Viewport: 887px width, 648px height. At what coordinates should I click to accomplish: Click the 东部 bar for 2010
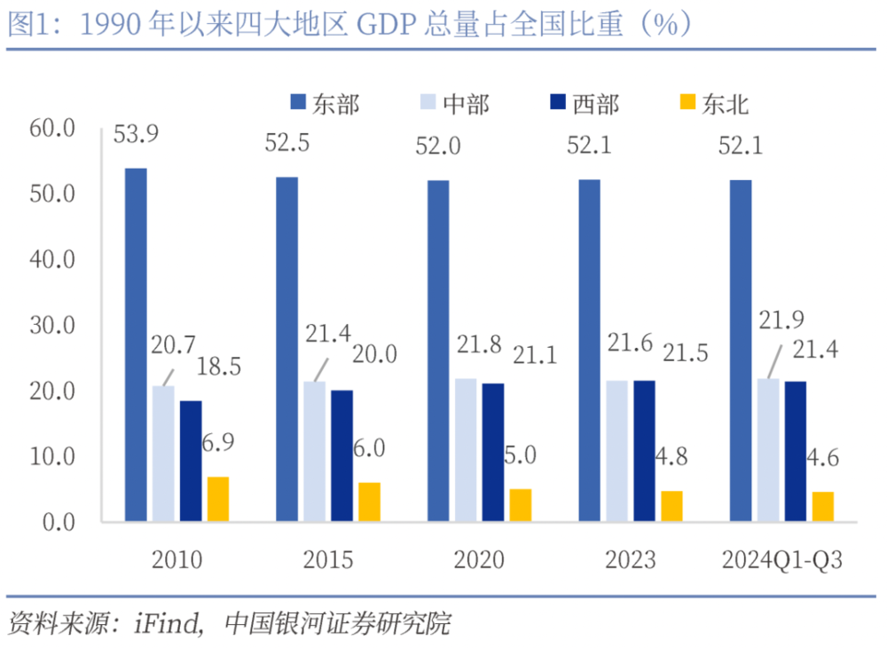[x=136, y=344]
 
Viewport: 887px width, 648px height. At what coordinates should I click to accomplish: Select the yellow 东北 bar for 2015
[x=369, y=502]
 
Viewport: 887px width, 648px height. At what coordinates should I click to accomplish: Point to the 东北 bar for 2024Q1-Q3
[x=822, y=506]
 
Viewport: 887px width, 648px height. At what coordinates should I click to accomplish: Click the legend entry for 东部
[x=324, y=104]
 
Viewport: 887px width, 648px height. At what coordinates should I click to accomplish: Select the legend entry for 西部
[x=584, y=104]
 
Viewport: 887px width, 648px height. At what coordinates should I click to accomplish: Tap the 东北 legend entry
[x=714, y=104]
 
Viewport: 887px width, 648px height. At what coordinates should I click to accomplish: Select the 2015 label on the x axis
[x=328, y=560]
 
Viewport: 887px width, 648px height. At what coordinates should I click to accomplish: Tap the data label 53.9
[x=135, y=135]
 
